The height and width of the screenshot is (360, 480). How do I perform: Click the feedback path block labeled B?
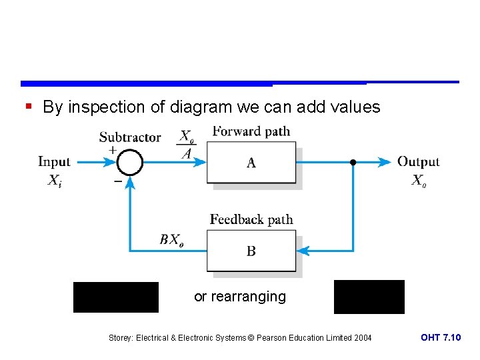251,251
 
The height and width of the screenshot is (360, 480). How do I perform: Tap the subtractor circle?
131,162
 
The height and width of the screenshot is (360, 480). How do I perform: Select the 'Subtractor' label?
130,137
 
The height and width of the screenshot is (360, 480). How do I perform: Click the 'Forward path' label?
251,131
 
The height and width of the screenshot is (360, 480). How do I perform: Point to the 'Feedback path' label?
251,219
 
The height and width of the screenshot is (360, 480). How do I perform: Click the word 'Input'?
54,161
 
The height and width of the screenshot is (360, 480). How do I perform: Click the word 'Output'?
418,161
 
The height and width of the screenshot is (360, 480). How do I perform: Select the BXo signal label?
172,240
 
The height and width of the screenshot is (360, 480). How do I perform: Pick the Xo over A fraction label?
187,145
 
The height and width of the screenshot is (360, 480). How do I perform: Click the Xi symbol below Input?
55,180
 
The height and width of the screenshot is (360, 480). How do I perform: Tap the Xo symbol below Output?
418,180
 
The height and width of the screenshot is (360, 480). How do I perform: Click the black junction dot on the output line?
353,162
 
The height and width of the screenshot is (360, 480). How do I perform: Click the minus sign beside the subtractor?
117,181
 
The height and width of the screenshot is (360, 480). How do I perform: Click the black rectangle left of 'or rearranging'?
116,297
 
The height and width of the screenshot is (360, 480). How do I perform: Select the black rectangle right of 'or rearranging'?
369,297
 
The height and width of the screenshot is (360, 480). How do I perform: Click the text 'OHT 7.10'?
440,338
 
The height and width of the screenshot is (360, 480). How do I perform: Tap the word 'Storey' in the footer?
121,338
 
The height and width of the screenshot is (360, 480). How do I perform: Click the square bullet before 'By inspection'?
27,107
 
